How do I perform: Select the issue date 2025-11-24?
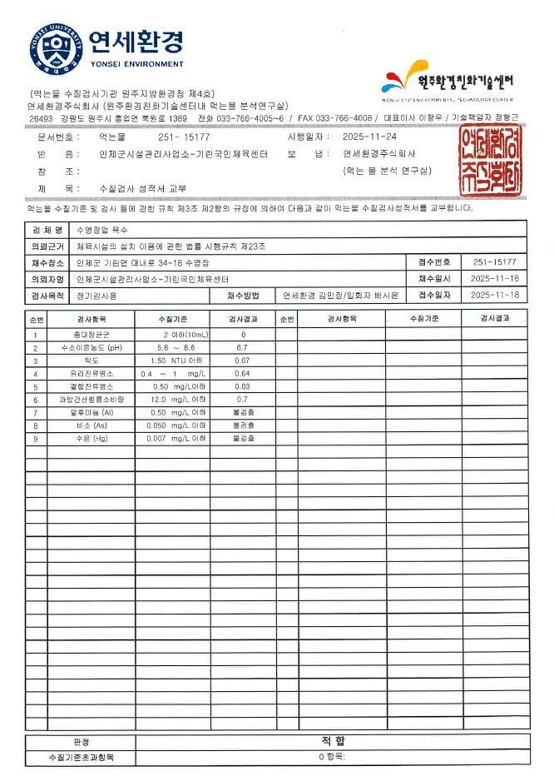coord(369,137)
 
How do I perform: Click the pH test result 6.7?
coord(243,348)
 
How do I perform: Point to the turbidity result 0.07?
coord(243,361)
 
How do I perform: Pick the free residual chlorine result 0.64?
coord(243,374)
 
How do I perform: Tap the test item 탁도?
coord(91,361)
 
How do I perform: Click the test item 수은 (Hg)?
coord(91,438)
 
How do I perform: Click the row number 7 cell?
coord(36,412)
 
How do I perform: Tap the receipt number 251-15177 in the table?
coord(494,262)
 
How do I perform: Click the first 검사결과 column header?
coord(243,319)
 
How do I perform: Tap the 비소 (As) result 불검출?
coord(243,425)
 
